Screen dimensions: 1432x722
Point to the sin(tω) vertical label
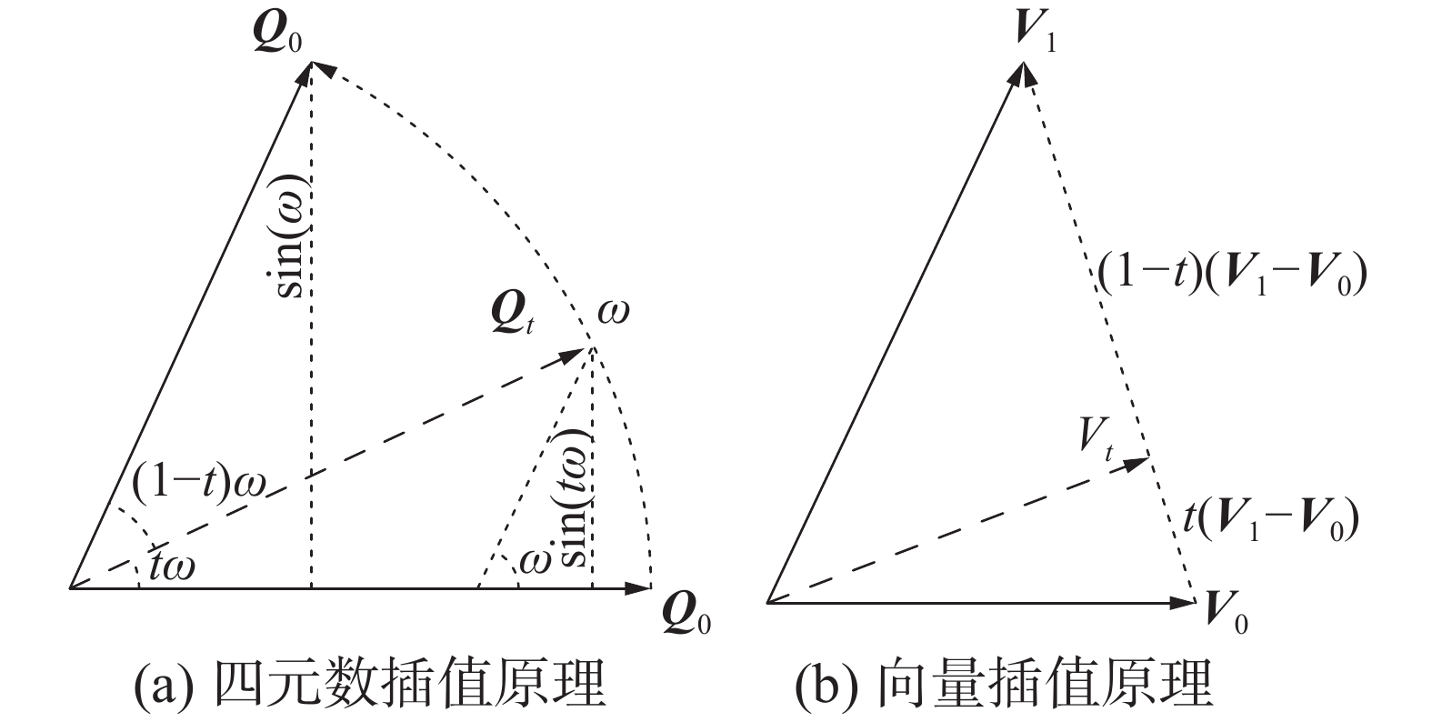[574, 497]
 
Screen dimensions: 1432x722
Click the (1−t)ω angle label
[198, 484]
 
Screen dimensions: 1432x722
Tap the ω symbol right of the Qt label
[614, 312]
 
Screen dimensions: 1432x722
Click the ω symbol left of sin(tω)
[534, 561]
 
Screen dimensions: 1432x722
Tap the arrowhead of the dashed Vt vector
[1137, 462]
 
